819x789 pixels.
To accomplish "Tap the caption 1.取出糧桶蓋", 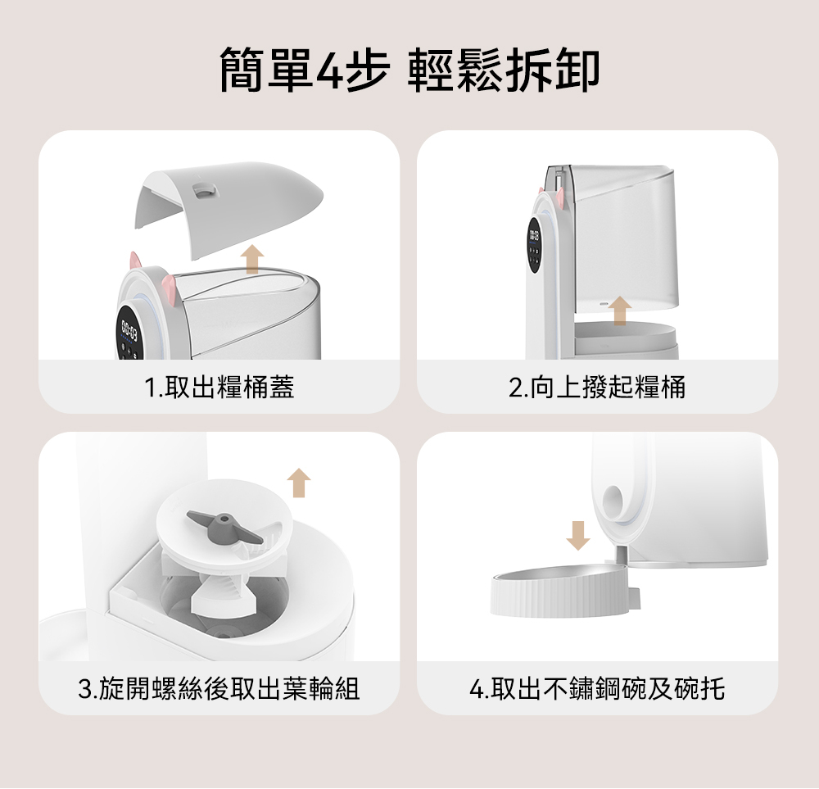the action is click(x=219, y=388).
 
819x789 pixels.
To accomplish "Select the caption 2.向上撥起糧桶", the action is click(x=597, y=388).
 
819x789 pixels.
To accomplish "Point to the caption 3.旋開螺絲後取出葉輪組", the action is click(x=219, y=688).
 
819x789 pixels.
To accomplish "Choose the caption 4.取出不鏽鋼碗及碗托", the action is click(x=597, y=688).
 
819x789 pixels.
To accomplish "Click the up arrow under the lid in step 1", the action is click(x=252, y=259).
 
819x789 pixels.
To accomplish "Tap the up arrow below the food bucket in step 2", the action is click(x=620, y=311).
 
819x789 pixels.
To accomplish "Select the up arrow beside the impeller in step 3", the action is click(x=299, y=483).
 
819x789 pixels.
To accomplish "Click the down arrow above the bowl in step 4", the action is click(x=578, y=536).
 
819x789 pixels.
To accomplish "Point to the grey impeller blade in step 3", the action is click(x=224, y=527).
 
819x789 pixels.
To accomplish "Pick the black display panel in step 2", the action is click(x=534, y=244).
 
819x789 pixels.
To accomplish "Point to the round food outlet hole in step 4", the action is click(x=613, y=500).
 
